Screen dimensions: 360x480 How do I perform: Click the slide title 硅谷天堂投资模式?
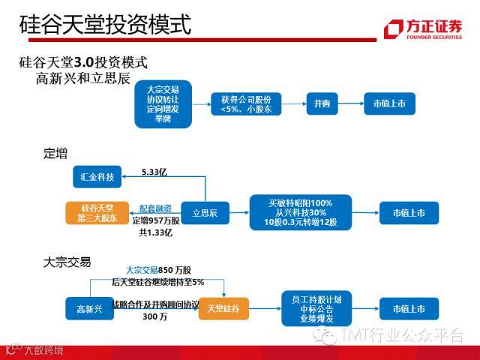point(105,25)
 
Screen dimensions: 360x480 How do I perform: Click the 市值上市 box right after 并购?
point(389,103)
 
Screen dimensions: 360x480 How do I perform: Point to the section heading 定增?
point(55,154)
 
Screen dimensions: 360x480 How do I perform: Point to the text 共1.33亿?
point(155,232)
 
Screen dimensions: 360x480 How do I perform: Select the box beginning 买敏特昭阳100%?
point(299,213)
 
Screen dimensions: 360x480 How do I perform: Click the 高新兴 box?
point(89,308)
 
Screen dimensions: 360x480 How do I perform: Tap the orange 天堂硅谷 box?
point(223,308)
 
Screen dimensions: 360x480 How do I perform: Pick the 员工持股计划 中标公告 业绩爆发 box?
point(316,308)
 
